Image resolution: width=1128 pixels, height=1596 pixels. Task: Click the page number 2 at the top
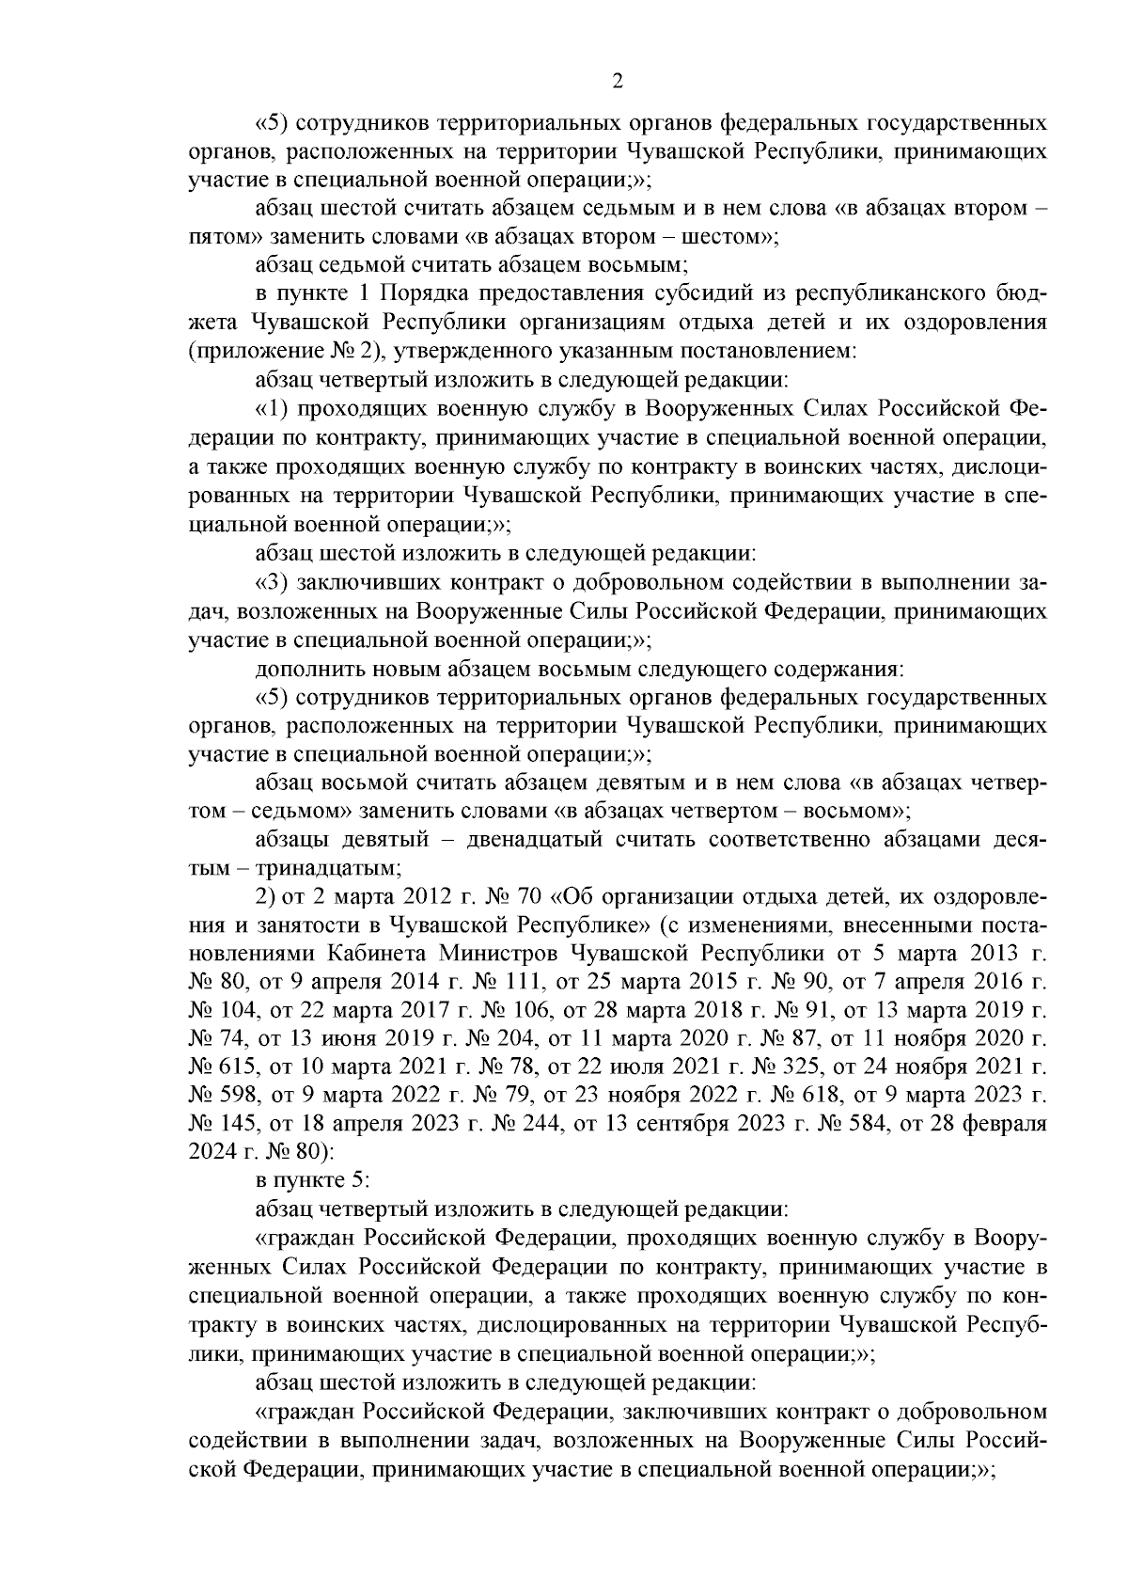617,82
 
